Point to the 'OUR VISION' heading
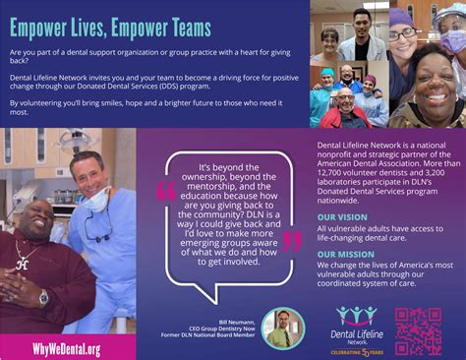[343, 215]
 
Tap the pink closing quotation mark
[292, 242]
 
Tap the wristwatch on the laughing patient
[43, 296]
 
